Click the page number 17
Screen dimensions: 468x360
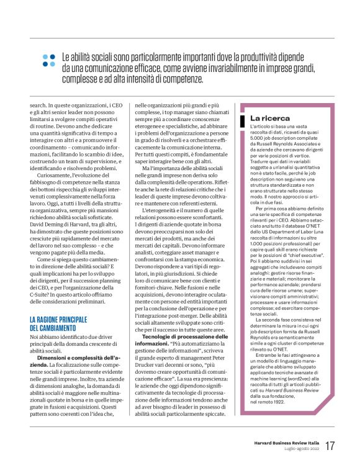pos(330,445)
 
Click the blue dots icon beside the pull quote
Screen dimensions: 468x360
pos(48,60)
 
